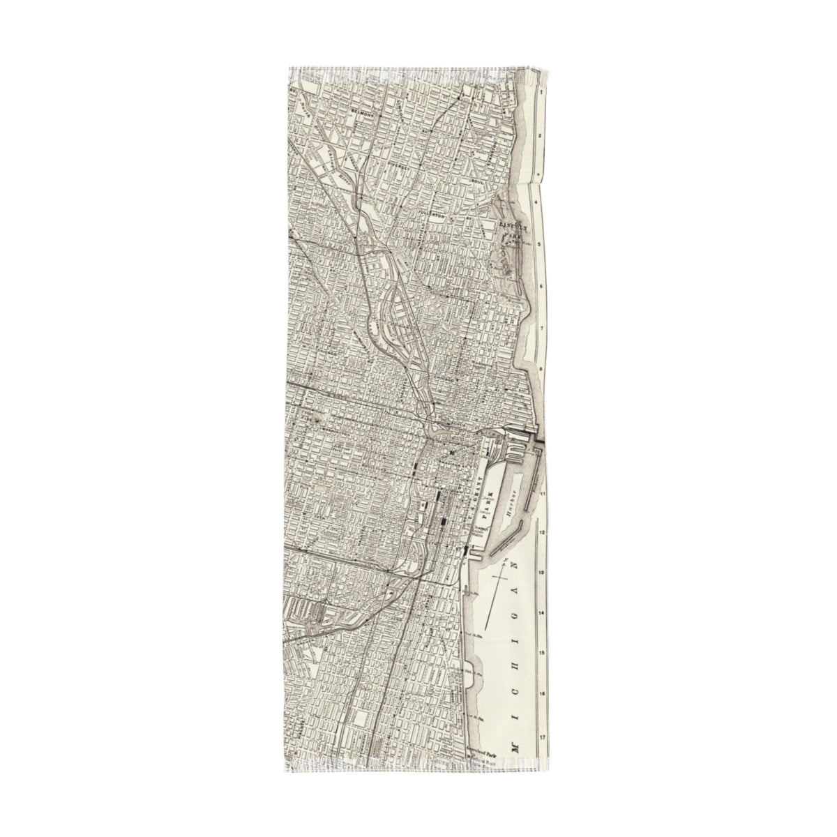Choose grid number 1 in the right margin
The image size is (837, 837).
tap(541, 91)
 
